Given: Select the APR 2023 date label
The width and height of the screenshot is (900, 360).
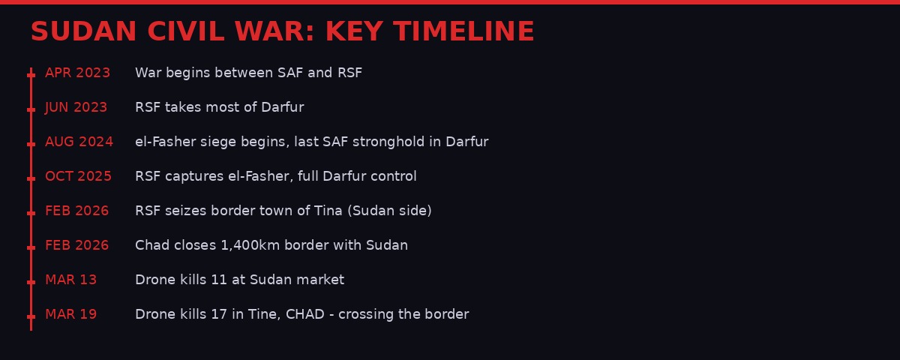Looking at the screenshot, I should click(77, 73).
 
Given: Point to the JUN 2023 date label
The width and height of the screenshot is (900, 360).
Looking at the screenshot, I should click(76, 107).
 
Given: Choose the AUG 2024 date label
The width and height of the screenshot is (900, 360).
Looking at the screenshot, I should click(79, 142).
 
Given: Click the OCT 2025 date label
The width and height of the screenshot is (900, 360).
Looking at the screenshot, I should click(78, 176).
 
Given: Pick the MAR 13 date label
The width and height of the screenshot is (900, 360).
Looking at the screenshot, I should click(70, 280).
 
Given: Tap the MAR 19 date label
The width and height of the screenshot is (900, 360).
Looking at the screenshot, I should click(70, 314).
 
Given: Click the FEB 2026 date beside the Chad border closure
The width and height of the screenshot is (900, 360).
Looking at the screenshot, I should click(76, 245).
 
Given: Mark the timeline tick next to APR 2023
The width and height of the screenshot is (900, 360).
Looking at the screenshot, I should click(31, 75).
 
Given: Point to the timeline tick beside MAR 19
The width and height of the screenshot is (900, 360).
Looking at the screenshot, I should click(31, 316).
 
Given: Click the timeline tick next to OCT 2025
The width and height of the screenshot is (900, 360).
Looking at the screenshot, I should click(31, 178).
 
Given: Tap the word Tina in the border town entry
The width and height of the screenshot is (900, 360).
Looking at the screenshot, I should click(328, 211).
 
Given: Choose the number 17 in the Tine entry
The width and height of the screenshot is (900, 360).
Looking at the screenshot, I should click(218, 314).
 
